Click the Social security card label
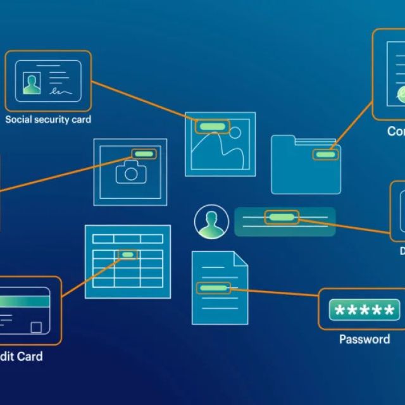pyautogui.click(x=48, y=120)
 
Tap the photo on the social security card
pyautogui.click(x=31, y=83)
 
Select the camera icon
pyautogui.click(x=131, y=172)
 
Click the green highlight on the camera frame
pyautogui.click(x=144, y=154)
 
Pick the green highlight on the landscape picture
pyautogui.click(x=211, y=127)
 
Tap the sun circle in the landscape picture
pyautogui.click(x=235, y=134)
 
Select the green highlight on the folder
pyautogui.click(x=326, y=154)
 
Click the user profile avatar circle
pyautogui.click(x=212, y=222)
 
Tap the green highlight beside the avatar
pyautogui.click(x=281, y=218)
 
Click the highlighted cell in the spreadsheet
pyautogui.click(x=128, y=254)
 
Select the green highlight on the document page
pyautogui.click(x=213, y=288)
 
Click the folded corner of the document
pyautogui.click(x=240, y=259)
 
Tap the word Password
pyautogui.click(x=364, y=339)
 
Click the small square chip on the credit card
pyautogui.click(x=37, y=327)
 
